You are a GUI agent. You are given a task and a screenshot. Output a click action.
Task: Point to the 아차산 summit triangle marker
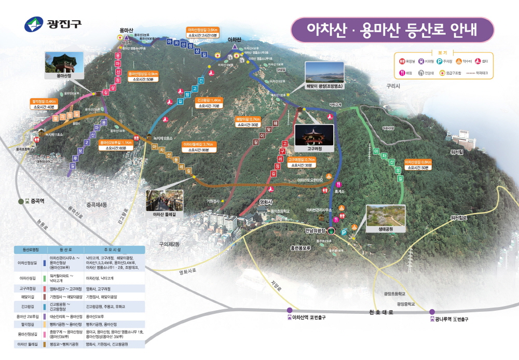(x=235, y=47)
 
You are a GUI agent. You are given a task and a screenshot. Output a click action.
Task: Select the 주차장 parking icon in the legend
(x=439, y=61)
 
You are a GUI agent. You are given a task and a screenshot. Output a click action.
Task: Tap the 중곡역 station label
(x=34, y=201)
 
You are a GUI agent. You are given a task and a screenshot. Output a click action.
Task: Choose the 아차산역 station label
(x=306, y=317)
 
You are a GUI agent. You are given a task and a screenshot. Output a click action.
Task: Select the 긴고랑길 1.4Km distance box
(x=208, y=102)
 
